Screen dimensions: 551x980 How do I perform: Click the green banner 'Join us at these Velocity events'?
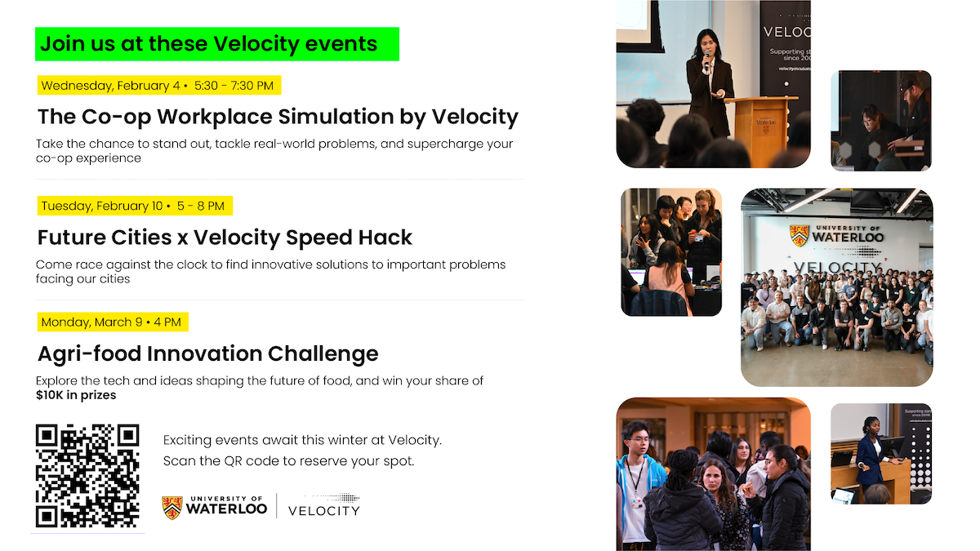[216, 44]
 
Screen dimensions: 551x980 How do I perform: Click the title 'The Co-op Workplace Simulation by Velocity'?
[278, 117]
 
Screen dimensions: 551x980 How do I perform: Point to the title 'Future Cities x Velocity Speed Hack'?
[225, 238]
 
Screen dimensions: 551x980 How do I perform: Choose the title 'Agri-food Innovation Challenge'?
[208, 353]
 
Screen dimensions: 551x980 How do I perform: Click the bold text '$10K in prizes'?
[76, 395]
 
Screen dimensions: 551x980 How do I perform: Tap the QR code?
[87, 476]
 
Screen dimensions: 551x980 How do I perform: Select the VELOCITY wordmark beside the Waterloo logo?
[323, 509]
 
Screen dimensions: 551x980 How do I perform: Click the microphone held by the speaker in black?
[706, 58]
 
